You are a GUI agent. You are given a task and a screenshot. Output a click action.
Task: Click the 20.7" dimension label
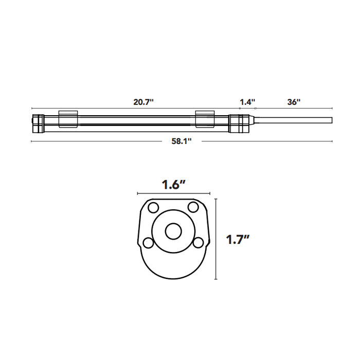click(x=143, y=102)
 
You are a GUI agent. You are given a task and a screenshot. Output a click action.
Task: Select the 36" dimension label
click(x=294, y=102)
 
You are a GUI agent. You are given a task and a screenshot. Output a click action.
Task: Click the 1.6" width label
click(x=174, y=185)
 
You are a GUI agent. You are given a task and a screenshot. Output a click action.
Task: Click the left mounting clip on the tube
click(x=68, y=119)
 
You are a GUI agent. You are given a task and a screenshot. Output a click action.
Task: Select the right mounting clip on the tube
click(x=204, y=119)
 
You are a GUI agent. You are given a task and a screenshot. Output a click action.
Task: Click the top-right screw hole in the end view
click(x=193, y=207)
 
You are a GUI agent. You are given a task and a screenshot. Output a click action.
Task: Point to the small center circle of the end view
click(x=173, y=232)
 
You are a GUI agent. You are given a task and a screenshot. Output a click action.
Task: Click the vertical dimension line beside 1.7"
click(x=215, y=239)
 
